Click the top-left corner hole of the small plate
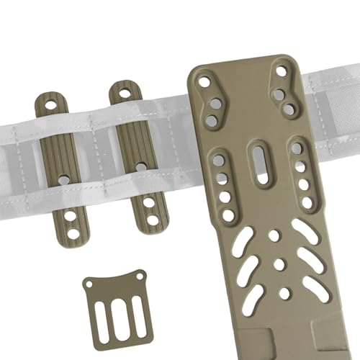pyautogui.click(x=89, y=285)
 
